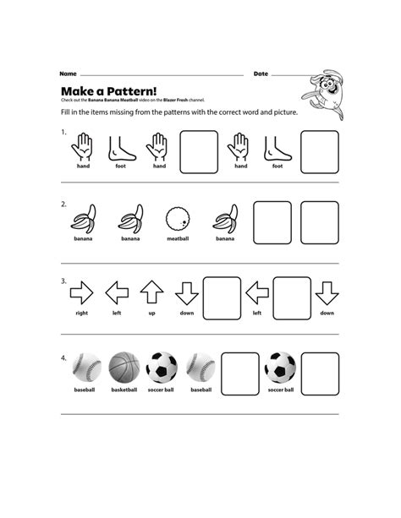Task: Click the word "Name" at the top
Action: (x=69, y=74)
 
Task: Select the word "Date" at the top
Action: (x=261, y=74)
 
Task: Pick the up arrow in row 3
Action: (x=151, y=292)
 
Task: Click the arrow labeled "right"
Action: (x=82, y=293)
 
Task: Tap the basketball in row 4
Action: (x=124, y=367)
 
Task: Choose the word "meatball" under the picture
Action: (x=177, y=239)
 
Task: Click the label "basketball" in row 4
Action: (x=124, y=390)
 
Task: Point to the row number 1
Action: (x=63, y=132)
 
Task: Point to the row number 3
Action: (x=63, y=281)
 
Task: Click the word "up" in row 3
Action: (x=151, y=313)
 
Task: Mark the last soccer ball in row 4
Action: (x=280, y=367)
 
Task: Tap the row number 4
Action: (x=63, y=357)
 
